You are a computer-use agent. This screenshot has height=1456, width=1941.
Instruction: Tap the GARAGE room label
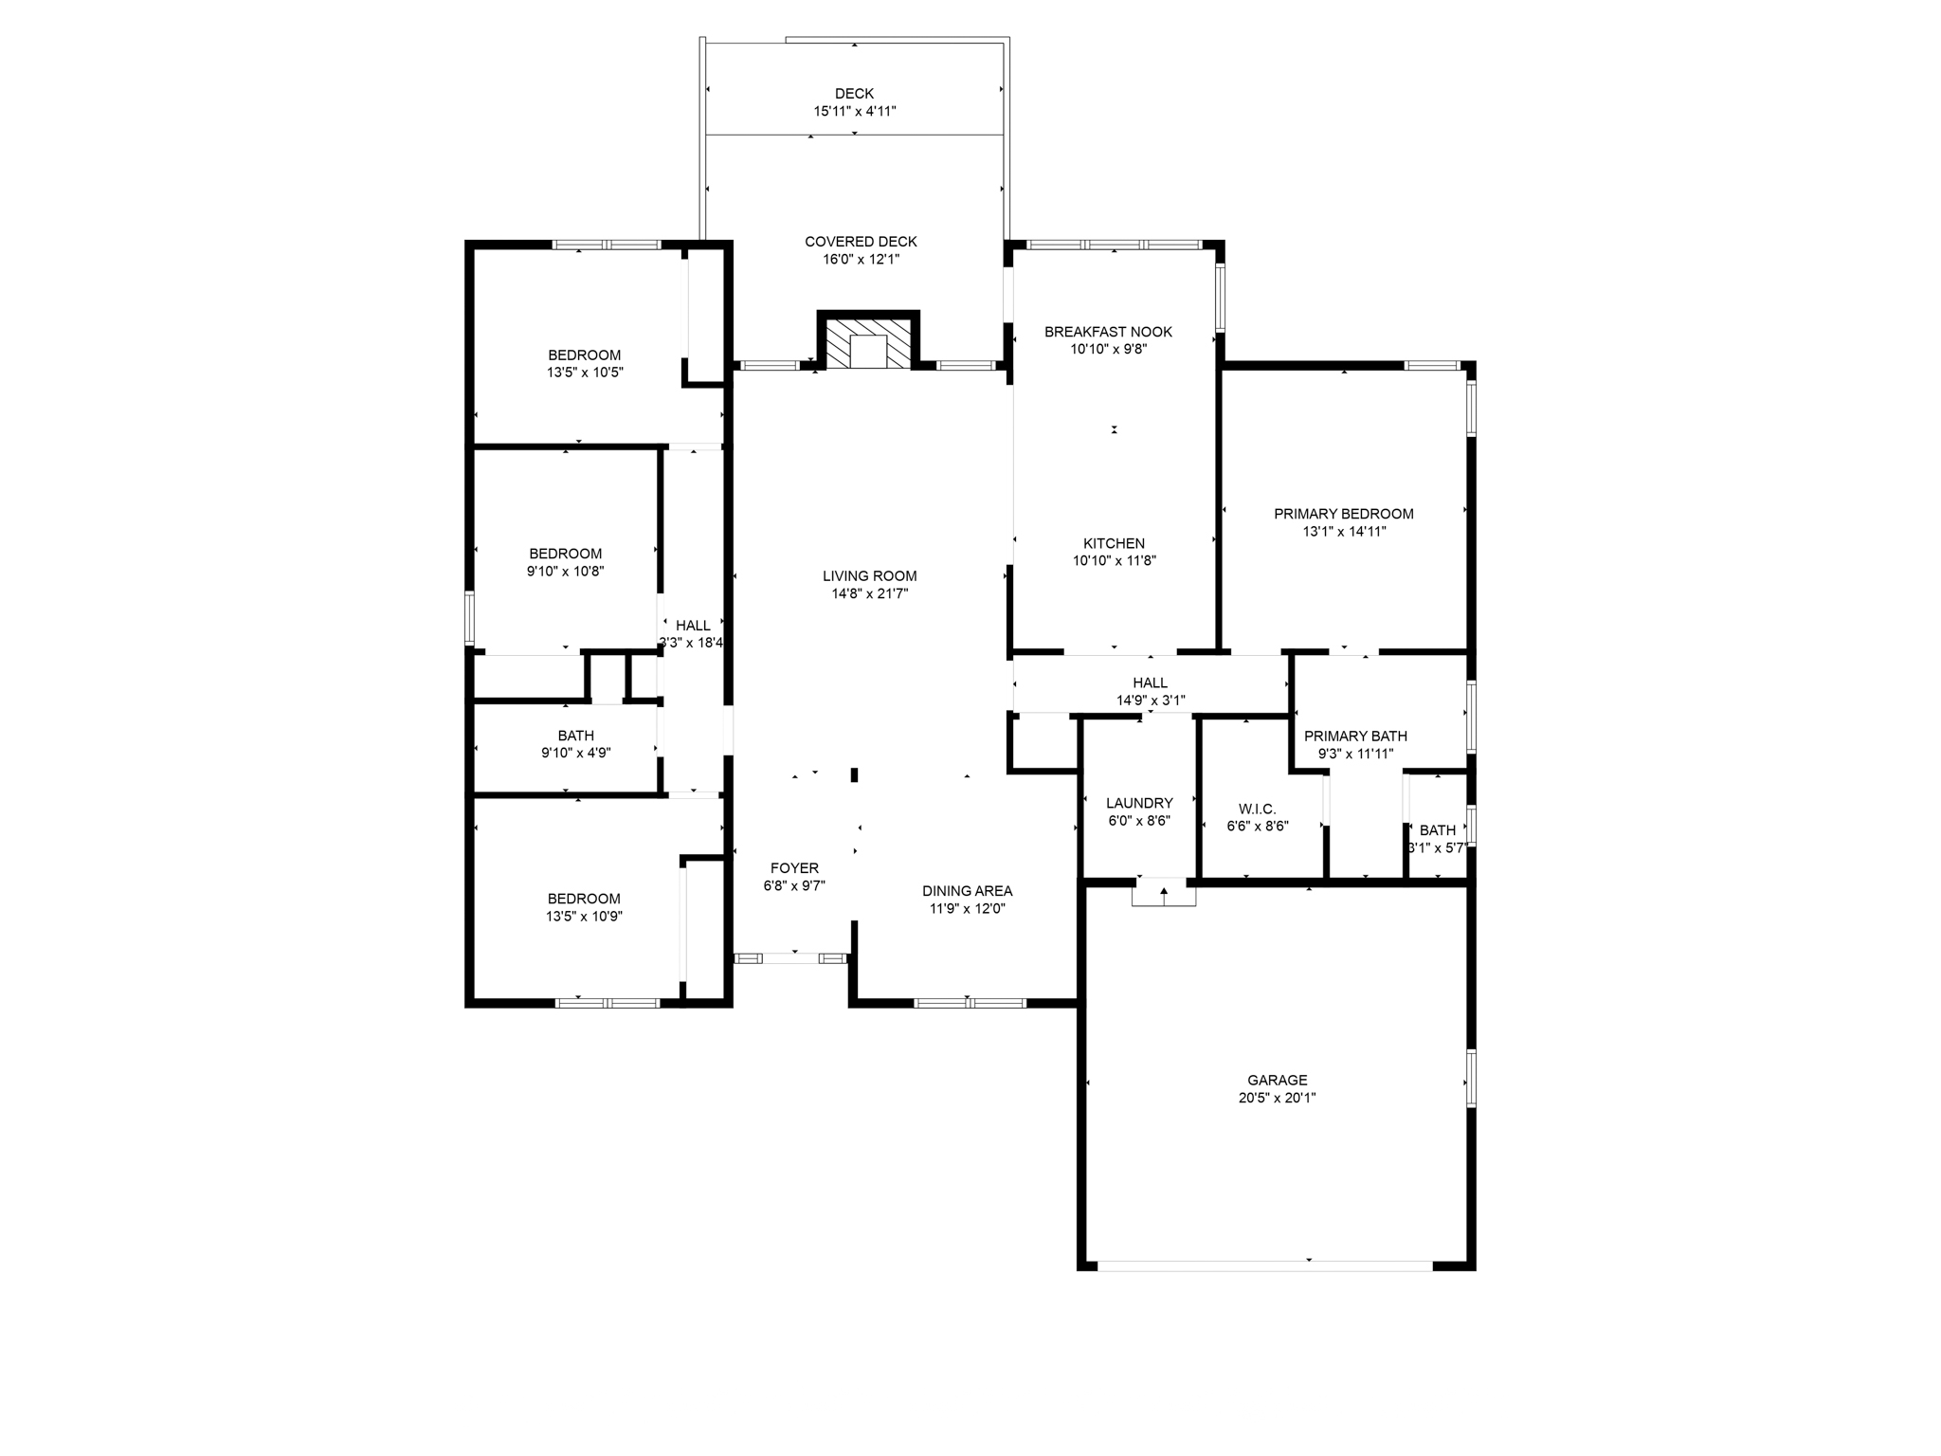click(x=1277, y=1080)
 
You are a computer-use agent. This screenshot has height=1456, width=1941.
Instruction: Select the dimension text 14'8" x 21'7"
click(x=869, y=593)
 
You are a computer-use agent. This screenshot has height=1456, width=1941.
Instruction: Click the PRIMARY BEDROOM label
click(x=1343, y=514)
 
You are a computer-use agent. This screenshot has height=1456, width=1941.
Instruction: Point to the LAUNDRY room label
click(x=1139, y=803)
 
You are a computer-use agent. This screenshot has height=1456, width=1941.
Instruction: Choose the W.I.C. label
click(x=1257, y=809)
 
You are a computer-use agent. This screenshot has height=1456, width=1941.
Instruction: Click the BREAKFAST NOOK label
click(x=1108, y=332)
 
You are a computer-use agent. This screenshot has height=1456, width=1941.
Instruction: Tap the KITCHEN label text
click(x=1114, y=543)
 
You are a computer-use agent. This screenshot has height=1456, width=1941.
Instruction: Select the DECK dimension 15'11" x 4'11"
click(x=854, y=111)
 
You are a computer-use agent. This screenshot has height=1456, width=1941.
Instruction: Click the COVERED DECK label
click(x=861, y=242)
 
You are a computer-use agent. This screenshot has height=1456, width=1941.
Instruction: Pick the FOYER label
click(x=794, y=868)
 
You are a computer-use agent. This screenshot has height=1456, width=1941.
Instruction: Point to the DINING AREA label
click(x=967, y=891)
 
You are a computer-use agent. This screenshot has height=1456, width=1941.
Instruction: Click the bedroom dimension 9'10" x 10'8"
click(x=565, y=571)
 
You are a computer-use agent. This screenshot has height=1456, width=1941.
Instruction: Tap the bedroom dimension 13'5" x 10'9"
click(x=584, y=917)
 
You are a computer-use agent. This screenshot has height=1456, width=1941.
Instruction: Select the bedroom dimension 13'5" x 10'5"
click(x=584, y=373)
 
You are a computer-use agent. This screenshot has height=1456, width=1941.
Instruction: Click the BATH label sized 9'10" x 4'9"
click(x=575, y=736)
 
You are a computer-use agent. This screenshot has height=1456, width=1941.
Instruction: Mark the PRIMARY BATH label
click(x=1355, y=736)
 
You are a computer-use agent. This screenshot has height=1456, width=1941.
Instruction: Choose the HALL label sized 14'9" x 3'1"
click(x=1150, y=682)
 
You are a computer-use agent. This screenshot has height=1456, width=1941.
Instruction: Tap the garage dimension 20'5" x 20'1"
click(x=1277, y=1098)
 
